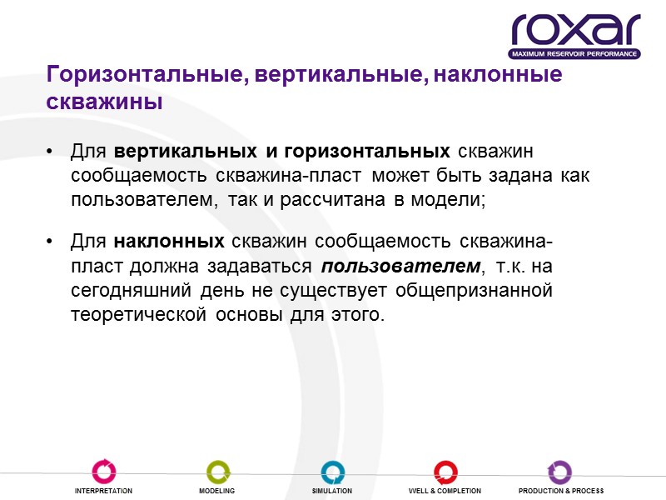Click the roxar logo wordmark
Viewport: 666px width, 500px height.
pyautogui.click(x=575, y=30)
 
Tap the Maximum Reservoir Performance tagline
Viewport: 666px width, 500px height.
pyautogui.click(x=575, y=54)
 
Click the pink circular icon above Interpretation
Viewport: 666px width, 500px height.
pyautogui.click(x=103, y=472)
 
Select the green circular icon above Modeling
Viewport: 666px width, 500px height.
pyautogui.click(x=216, y=472)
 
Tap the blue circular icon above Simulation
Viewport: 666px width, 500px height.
pyautogui.click(x=332, y=472)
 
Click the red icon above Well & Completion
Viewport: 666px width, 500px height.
pyautogui.click(x=445, y=472)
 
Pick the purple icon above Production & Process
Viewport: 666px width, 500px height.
pyautogui.click(x=560, y=472)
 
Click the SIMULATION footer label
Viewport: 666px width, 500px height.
pyautogui.click(x=332, y=492)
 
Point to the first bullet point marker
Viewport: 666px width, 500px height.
pyautogui.click(x=52, y=153)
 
